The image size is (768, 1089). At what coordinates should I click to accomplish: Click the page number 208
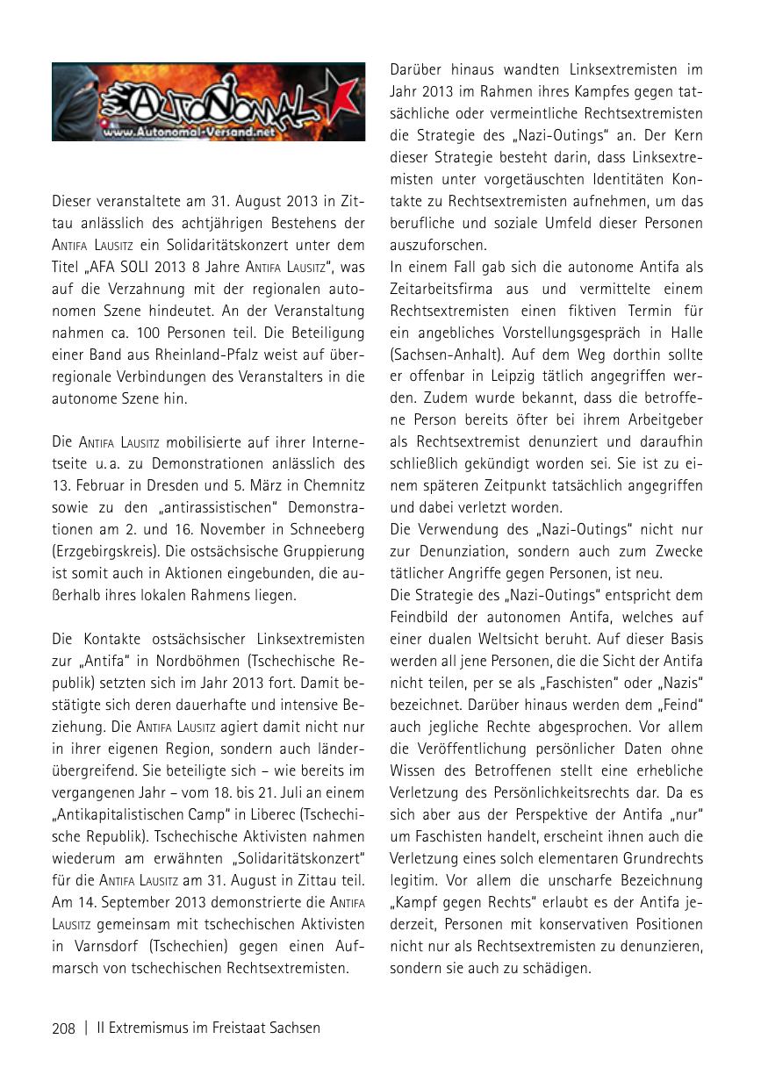coord(63,1028)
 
